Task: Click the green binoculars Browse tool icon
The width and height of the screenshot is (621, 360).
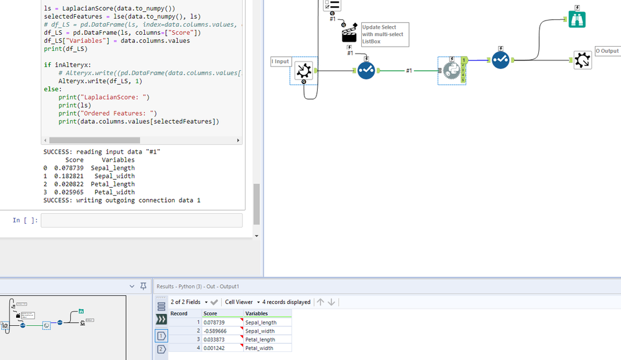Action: (577, 19)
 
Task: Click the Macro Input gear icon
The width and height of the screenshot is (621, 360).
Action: (303, 71)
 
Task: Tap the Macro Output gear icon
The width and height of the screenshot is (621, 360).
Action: (582, 60)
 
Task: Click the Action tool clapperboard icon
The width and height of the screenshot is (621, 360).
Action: (349, 34)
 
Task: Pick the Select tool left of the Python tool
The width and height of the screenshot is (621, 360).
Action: (366, 71)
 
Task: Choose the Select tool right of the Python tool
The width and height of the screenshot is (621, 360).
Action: (500, 60)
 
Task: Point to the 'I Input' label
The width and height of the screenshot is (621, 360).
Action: (280, 62)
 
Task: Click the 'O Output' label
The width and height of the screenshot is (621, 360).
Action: (607, 51)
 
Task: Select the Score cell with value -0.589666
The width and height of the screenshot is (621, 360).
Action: (222, 331)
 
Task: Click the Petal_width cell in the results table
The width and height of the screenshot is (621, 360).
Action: (267, 348)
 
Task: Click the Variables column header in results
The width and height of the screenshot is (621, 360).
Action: (267, 313)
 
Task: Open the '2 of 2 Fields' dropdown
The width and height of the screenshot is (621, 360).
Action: (190, 302)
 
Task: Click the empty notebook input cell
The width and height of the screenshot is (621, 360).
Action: (141, 220)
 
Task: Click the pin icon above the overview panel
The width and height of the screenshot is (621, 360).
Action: (143, 286)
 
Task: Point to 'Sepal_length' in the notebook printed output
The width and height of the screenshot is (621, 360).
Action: (113, 168)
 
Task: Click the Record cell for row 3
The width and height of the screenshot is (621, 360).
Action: (186, 339)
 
